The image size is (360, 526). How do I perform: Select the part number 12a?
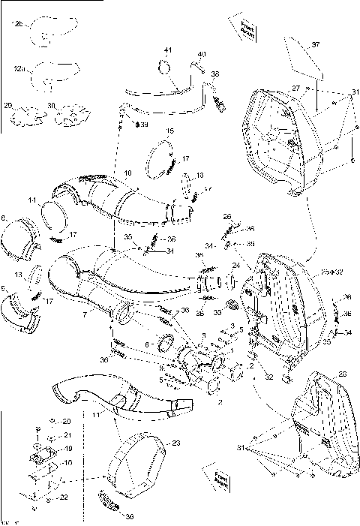click(18, 69)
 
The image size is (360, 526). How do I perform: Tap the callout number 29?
click(9, 106)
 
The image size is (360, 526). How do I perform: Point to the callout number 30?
click(52, 106)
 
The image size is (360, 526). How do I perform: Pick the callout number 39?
click(143, 124)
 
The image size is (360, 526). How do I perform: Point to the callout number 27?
click(295, 89)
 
